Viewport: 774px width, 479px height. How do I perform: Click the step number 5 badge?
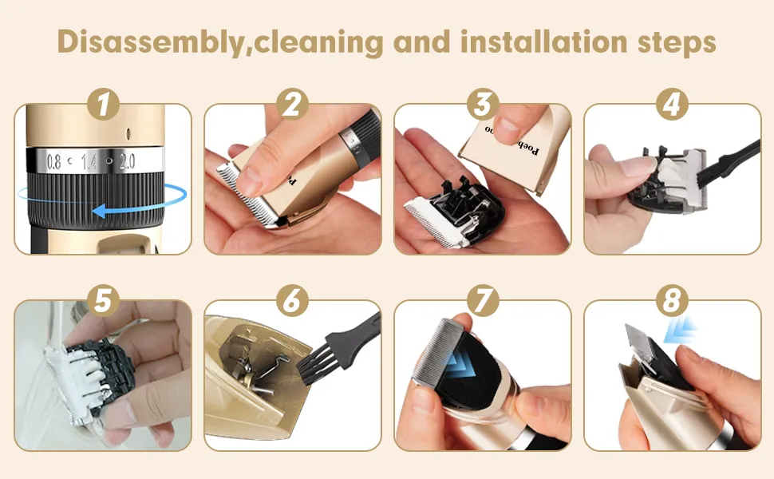tap(104, 302)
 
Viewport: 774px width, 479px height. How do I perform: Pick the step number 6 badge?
tap(293, 302)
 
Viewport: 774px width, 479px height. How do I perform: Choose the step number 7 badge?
tap(483, 302)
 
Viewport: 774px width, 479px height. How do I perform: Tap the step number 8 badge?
tap(673, 302)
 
